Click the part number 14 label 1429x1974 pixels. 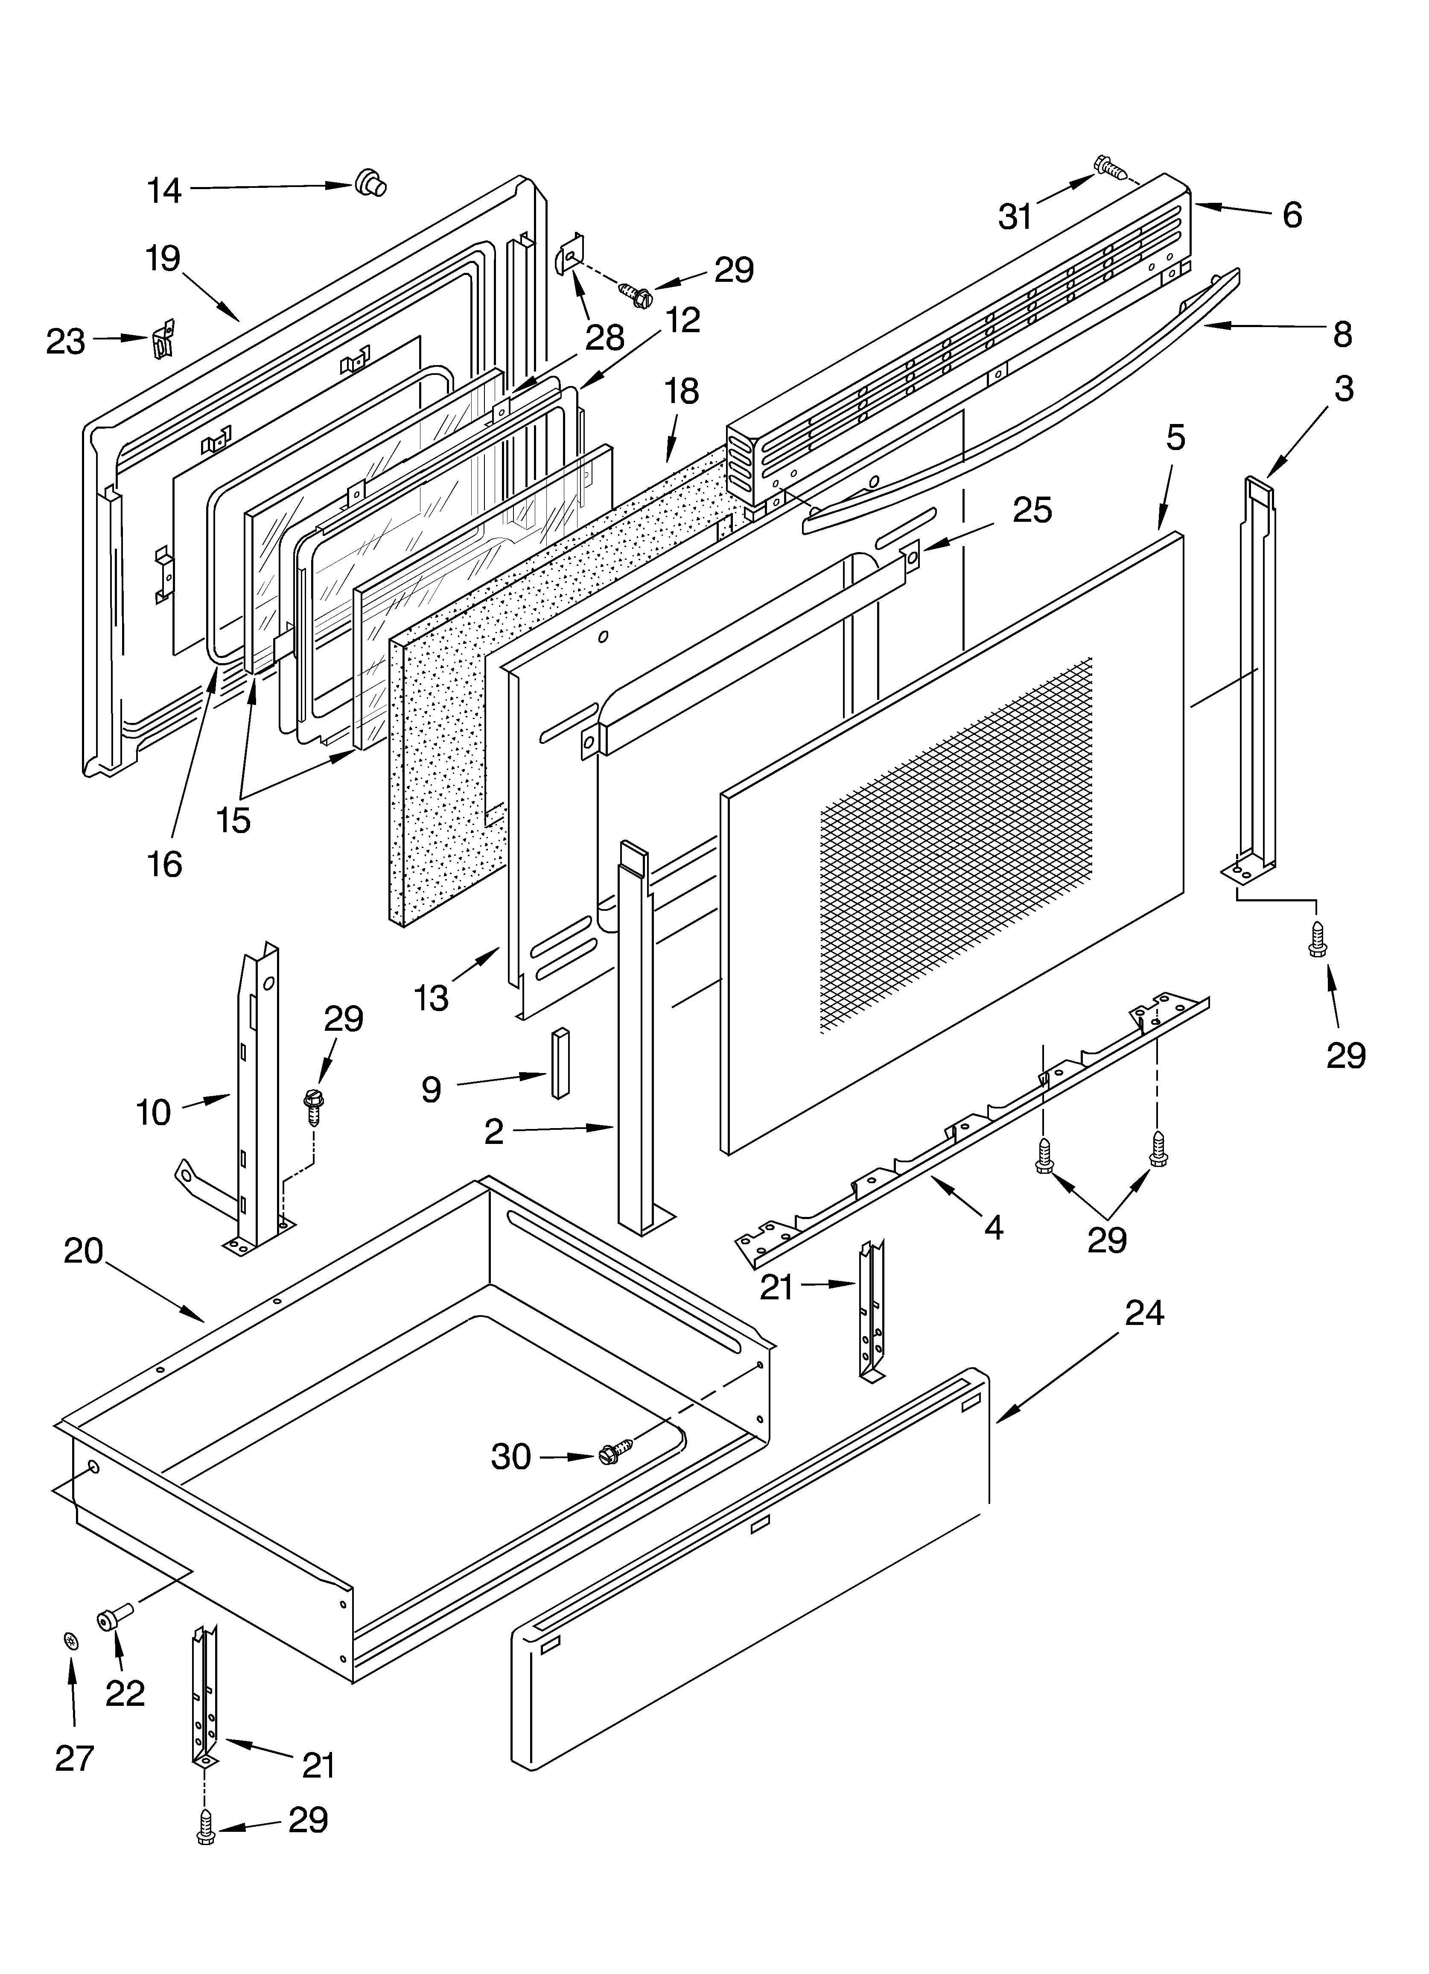coord(163,190)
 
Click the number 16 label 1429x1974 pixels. coord(164,864)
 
